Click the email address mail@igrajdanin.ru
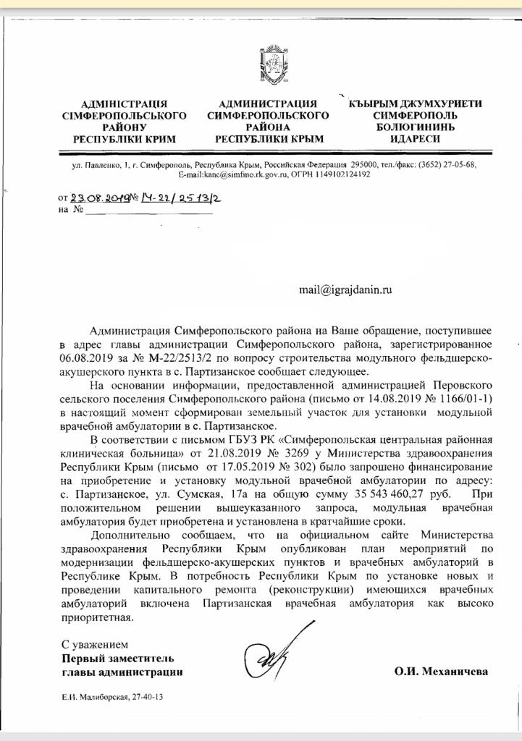pyautogui.click(x=345, y=289)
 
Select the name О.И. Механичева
pyautogui.click(x=441, y=672)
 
